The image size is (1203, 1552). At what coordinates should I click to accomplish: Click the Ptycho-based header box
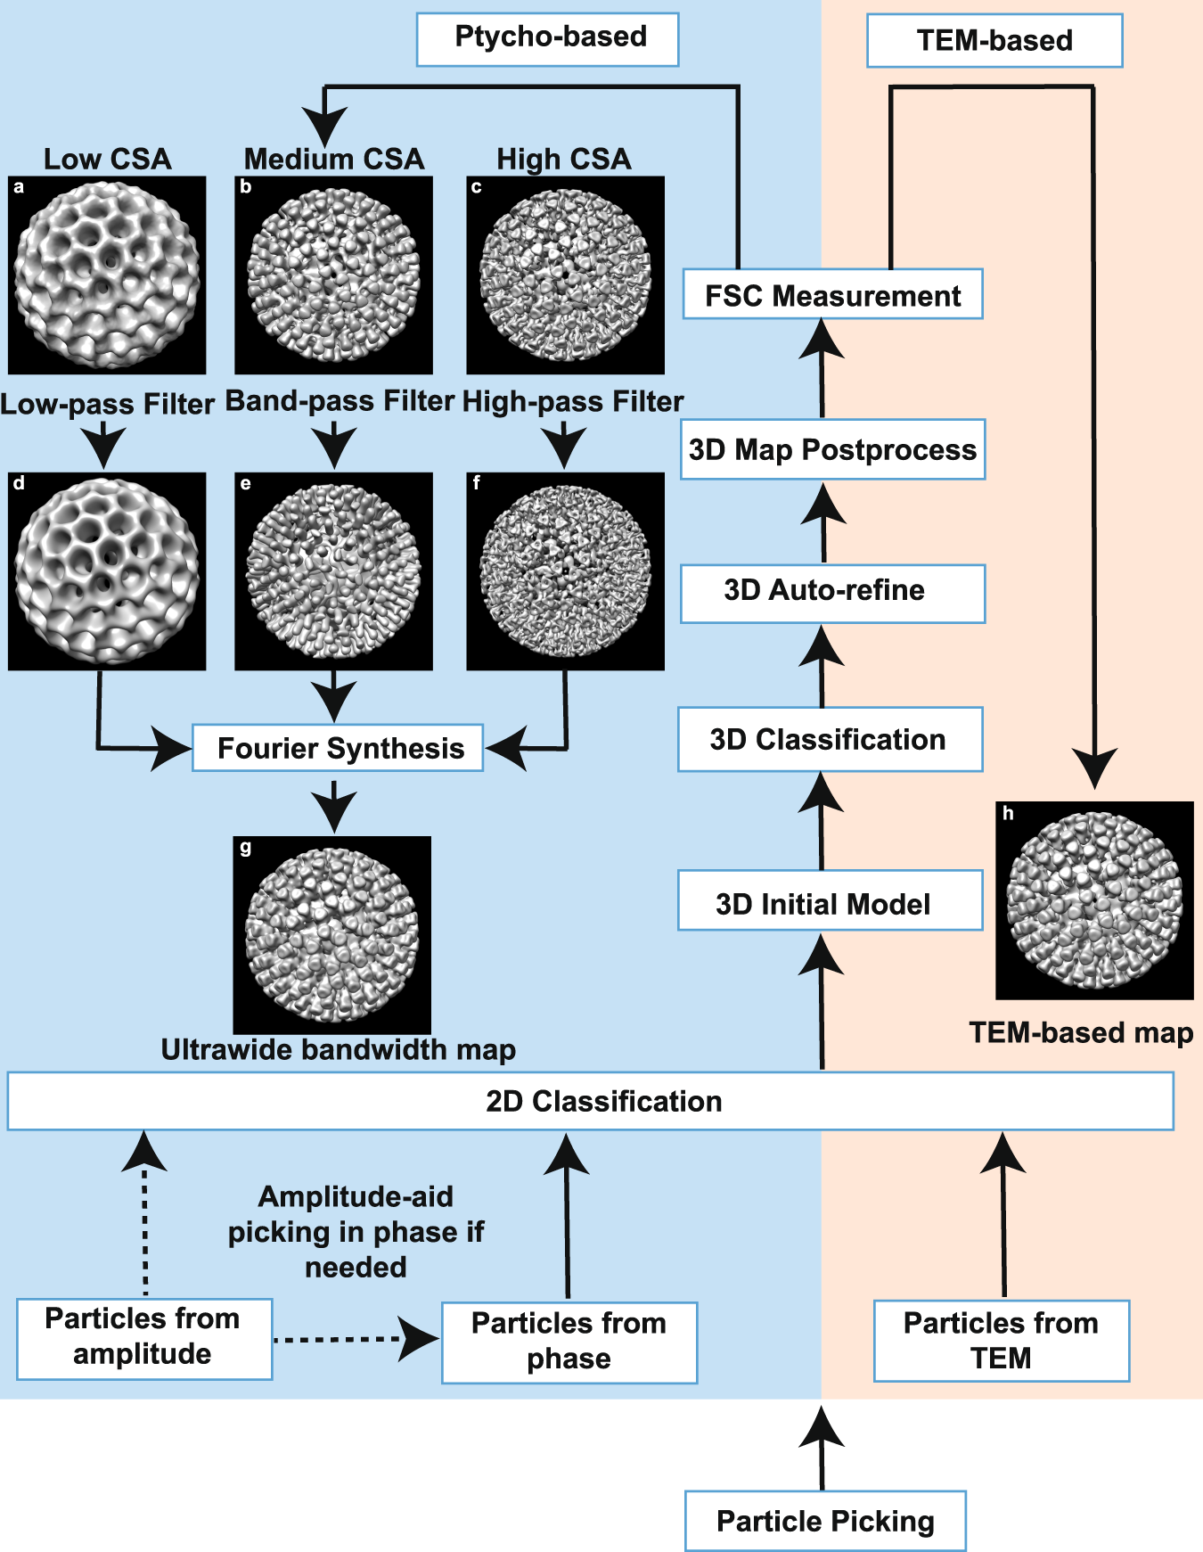click(547, 39)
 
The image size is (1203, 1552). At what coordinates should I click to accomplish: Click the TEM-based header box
click(994, 41)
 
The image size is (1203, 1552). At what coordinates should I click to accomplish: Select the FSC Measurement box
click(832, 294)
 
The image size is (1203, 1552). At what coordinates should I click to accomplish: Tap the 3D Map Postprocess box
click(832, 449)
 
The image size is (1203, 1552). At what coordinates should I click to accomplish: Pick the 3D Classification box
click(830, 739)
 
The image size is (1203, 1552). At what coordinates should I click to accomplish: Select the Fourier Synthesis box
click(338, 747)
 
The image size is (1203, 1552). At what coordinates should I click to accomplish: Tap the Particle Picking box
click(824, 1521)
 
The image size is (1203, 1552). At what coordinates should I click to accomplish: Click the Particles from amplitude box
click(144, 1338)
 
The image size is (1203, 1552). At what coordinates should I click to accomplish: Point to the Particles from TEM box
click(1001, 1341)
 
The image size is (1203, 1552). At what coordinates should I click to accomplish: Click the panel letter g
click(246, 848)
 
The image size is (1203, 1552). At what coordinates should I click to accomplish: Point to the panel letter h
click(1008, 813)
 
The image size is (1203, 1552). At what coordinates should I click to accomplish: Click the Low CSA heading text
click(107, 159)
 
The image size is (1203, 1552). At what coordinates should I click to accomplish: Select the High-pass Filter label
click(573, 402)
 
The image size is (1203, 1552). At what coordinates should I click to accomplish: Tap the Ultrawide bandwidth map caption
click(339, 1049)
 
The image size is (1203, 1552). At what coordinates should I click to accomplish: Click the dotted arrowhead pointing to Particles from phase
click(419, 1339)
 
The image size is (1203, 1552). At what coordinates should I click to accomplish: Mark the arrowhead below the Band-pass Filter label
click(334, 446)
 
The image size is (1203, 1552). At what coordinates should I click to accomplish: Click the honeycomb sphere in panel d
click(107, 571)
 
